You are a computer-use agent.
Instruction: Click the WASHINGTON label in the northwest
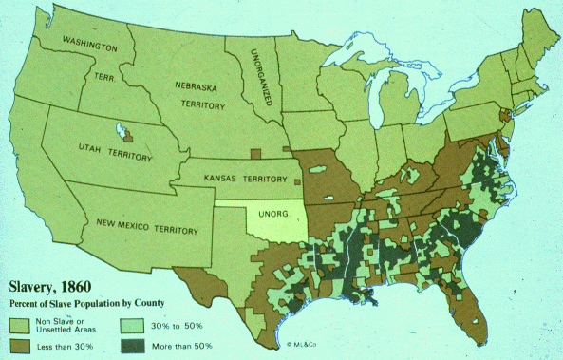tap(90, 46)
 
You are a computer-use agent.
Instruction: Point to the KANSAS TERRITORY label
tap(244, 178)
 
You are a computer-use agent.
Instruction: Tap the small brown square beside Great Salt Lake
tap(128, 138)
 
